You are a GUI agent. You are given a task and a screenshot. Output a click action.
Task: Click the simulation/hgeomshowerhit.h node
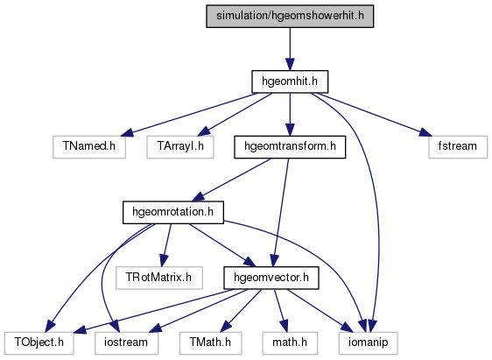click(290, 16)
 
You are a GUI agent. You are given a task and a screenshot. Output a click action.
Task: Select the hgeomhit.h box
click(290, 81)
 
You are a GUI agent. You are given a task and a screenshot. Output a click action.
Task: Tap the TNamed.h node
click(89, 147)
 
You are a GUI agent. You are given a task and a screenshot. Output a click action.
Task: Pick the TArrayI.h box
click(180, 147)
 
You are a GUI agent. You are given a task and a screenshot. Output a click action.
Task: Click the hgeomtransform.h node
click(290, 147)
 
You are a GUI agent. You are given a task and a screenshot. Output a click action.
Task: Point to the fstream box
click(458, 147)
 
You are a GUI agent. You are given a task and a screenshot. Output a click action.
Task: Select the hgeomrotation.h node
click(172, 213)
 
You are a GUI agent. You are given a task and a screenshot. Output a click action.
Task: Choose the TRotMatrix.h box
click(159, 278)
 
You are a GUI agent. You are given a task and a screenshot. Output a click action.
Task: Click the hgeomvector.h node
click(271, 278)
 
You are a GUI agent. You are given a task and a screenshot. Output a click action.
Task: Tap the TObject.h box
click(39, 343)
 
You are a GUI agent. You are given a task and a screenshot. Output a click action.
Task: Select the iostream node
click(126, 343)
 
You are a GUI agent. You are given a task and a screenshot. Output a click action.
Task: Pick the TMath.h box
click(210, 343)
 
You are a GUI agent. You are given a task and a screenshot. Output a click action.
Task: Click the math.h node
click(290, 343)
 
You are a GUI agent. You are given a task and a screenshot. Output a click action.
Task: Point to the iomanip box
click(368, 343)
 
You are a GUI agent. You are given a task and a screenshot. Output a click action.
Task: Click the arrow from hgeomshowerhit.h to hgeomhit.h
click(290, 49)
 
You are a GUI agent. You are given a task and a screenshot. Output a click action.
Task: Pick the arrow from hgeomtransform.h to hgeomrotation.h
click(231, 180)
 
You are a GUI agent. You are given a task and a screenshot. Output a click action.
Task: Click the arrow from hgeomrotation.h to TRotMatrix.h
click(166, 245)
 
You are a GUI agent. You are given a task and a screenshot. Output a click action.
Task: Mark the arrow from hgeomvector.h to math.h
click(280, 310)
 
